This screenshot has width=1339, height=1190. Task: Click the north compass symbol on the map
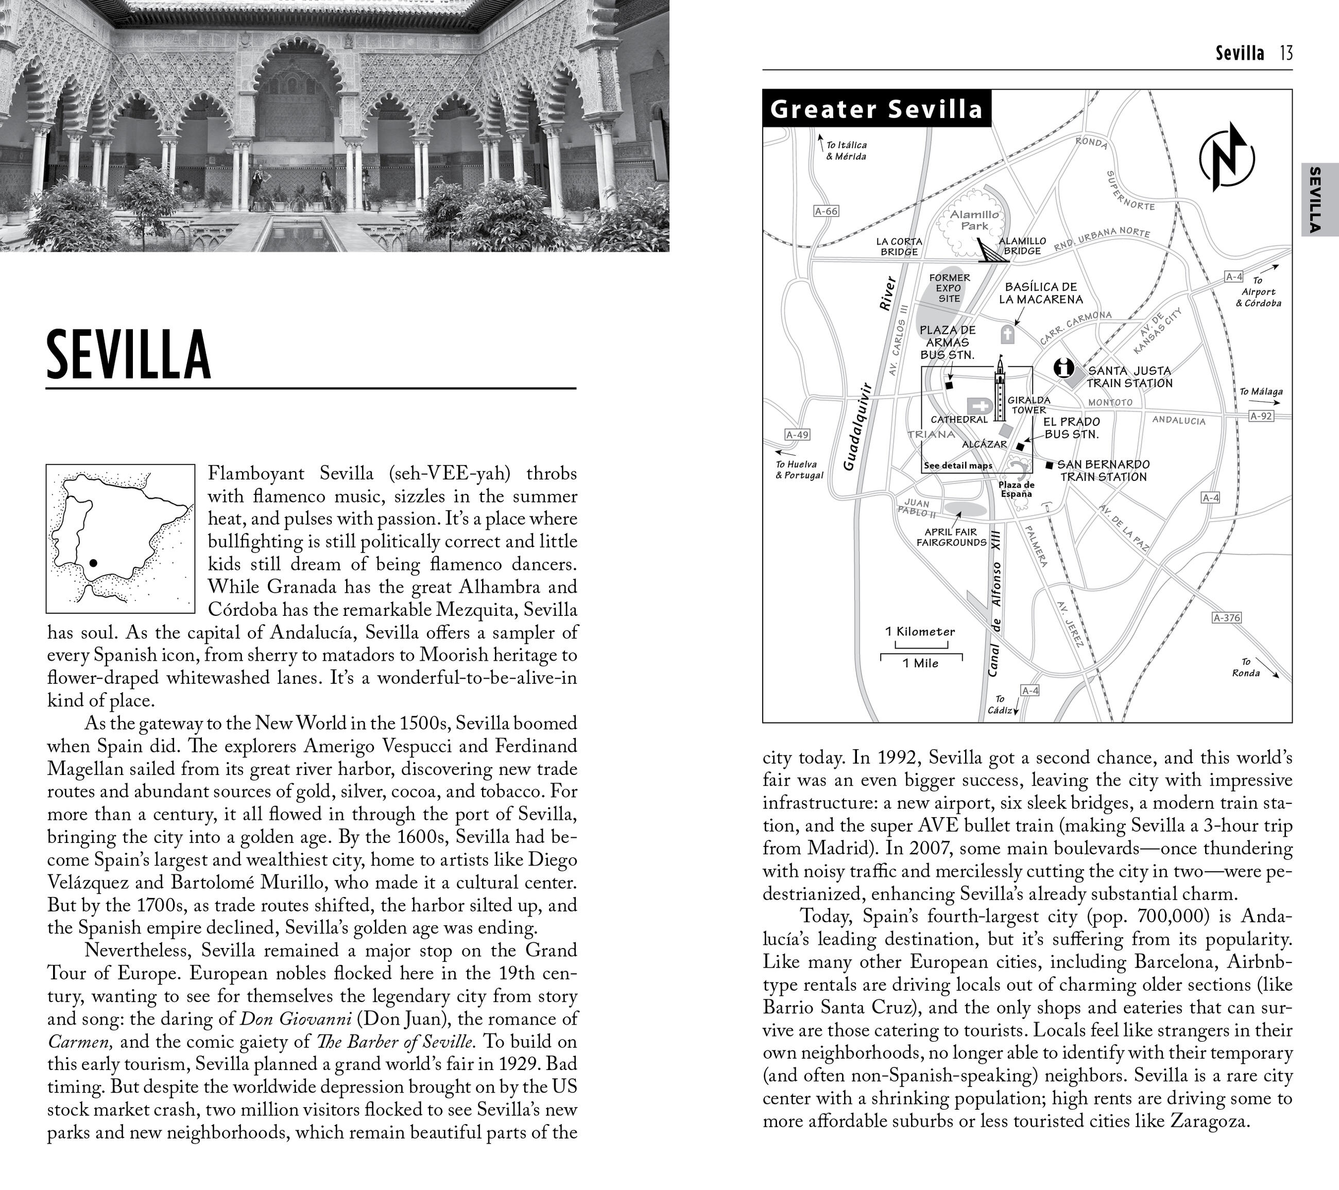point(1226,157)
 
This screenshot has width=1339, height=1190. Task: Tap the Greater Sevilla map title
point(877,109)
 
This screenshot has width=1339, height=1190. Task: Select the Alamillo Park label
point(974,220)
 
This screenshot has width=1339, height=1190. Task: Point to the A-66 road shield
point(826,211)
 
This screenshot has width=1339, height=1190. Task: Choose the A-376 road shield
point(1226,617)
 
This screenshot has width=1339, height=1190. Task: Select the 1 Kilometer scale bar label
point(920,632)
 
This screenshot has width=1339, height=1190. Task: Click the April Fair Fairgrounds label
point(951,537)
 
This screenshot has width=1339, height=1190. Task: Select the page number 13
point(1286,53)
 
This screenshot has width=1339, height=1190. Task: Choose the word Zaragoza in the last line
point(1207,1120)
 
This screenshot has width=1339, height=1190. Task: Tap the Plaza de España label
point(1016,489)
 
